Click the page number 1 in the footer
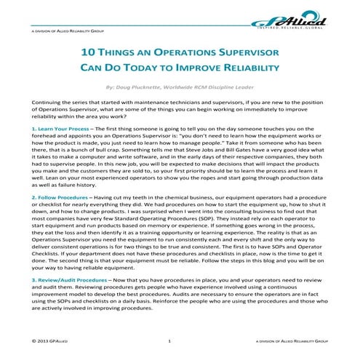[x=169, y=340]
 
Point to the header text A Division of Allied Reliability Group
[x=68, y=33]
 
